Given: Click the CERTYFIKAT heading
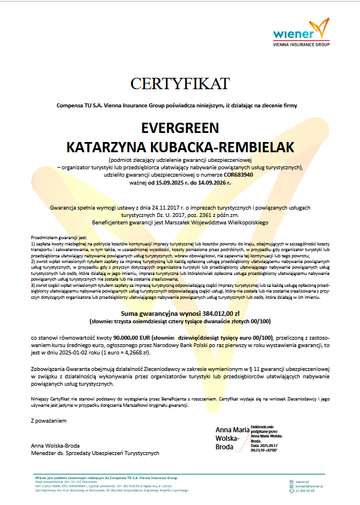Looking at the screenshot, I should click(x=179, y=84).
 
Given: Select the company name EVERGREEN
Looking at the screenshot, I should click(x=179, y=127).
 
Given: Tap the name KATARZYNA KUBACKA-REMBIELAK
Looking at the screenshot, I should click(x=180, y=147).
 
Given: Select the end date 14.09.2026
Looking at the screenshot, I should click(x=211, y=183).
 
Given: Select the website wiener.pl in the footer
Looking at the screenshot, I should click(x=302, y=481).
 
